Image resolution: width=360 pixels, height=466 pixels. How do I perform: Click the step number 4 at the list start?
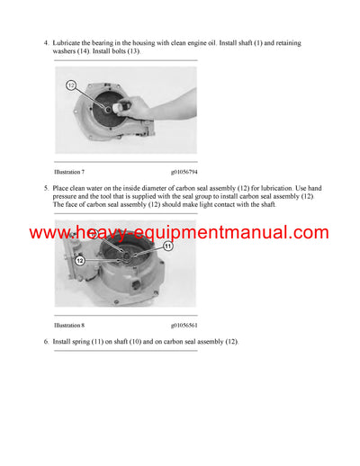click(x=47, y=43)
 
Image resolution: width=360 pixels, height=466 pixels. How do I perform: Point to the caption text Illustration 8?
click(x=69, y=325)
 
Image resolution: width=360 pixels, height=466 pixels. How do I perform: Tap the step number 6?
click(x=47, y=343)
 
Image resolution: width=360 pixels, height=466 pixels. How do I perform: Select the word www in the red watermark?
click(x=45, y=233)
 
